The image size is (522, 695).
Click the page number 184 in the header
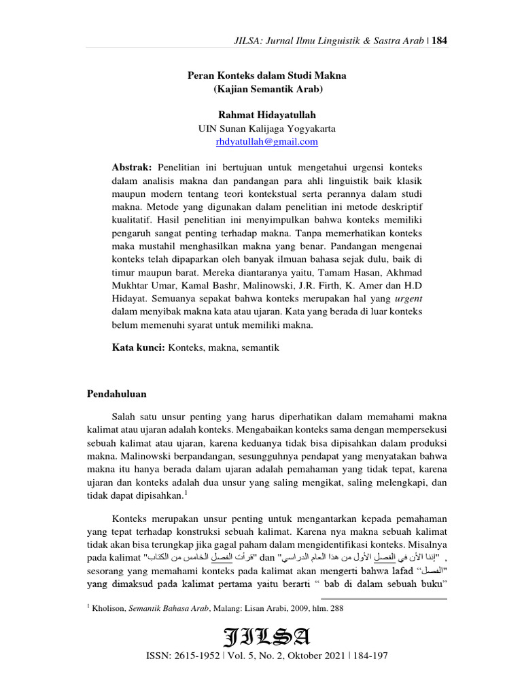[x=439, y=41]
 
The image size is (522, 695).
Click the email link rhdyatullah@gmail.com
[x=266, y=142]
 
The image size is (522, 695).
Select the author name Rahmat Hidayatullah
[x=266, y=115]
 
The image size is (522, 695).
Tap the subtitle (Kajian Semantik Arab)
[x=266, y=89]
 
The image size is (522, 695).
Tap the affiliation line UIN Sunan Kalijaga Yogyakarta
[x=266, y=129]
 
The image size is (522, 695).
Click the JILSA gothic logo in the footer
[x=266, y=638]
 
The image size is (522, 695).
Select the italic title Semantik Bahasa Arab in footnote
[x=162, y=609]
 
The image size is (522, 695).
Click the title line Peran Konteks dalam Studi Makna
[x=266, y=75]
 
